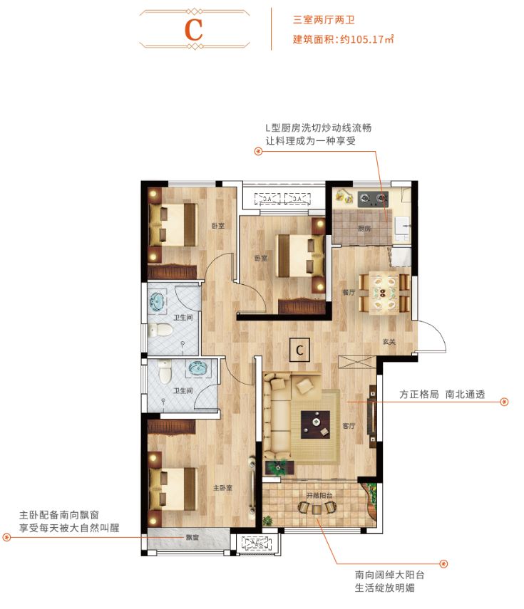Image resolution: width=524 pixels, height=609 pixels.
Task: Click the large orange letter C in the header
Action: pos(193,29)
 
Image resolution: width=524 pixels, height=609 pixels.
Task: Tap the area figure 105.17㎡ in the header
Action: pos(368,39)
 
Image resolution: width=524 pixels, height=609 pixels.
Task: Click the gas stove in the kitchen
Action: pos(371,196)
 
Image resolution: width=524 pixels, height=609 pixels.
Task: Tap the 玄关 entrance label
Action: pos(388,343)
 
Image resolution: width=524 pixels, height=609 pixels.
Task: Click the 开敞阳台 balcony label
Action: pos(320,494)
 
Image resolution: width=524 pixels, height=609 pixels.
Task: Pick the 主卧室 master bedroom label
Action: pos(222,489)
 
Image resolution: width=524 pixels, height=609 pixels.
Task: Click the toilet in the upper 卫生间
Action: pos(162,330)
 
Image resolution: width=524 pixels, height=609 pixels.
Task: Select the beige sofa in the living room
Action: pos(282,417)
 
